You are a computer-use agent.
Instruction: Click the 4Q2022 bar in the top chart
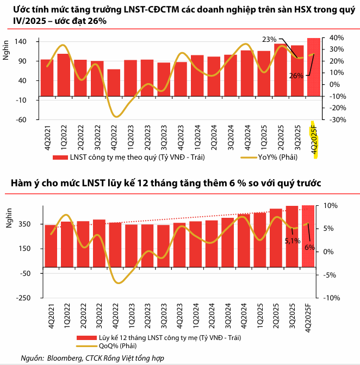[114, 84]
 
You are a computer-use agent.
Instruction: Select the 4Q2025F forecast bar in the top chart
[314, 68]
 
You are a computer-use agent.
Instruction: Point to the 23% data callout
[269, 39]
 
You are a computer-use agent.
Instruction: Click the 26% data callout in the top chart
[296, 76]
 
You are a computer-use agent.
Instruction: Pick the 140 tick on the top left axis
[27, 42]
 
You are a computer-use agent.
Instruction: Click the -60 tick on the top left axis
[27, 119]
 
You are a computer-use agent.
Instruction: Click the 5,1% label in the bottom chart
[292, 241]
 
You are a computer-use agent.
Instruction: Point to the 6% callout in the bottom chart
[310, 247]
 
